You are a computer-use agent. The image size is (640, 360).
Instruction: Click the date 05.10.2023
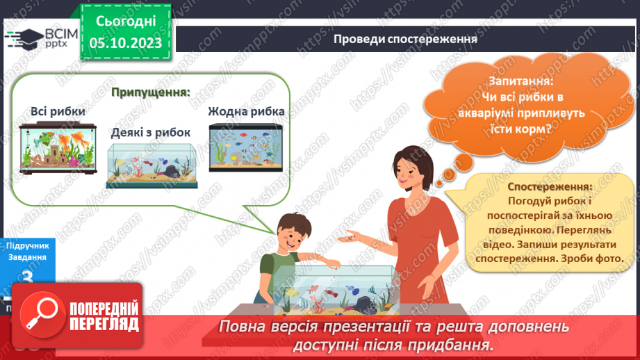[125, 44]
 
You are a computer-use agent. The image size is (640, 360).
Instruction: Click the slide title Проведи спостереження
[404, 39]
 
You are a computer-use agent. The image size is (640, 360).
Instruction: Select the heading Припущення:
[151, 92]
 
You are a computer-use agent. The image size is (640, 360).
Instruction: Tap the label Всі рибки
[58, 111]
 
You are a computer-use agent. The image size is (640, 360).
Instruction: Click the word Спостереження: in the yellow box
[550, 187]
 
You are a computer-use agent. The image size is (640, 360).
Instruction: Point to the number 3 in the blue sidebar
[28, 279]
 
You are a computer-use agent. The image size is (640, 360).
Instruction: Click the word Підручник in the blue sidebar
[27, 245]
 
